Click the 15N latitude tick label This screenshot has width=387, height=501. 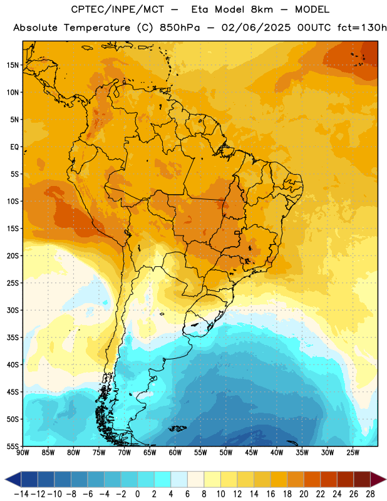pyautogui.click(x=13, y=65)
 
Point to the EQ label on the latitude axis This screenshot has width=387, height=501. pyautogui.click(x=14, y=147)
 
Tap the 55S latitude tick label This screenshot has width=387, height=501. pyautogui.click(x=13, y=446)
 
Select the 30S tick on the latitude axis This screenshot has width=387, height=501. pyautogui.click(x=13, y=310)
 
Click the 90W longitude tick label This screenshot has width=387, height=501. pyautogui.click(x=23, y=453)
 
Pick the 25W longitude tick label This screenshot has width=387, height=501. pyautogui.click(x=353, y=453)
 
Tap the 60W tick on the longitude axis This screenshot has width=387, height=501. pyautogui.click(x=175, y=453)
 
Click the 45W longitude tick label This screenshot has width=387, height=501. pyautogui.click(x=252, y=453)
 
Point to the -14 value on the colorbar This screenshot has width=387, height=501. pyautogui.click(x=21, y=494)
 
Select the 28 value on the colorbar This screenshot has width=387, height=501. pyautogui.click(x=370, y=494)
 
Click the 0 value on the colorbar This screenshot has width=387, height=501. pyautogui.click(x=138, y=494)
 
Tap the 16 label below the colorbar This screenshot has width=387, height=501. pyautogui.click(x=271, y=494)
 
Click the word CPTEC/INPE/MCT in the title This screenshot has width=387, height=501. pyautogui.click(x=118, y=9)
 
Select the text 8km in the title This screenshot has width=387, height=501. pyautogui.click(x=262, y=9)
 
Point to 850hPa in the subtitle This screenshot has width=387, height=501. pyautogui.click(x=180, y=28)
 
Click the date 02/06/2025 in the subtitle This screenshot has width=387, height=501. pyautogui.click(x=256, y=28)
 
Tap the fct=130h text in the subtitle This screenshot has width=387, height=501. pyautogui.click(x=362, y=28)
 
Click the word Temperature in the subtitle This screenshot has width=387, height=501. pyautogui.click(x=97, y=28)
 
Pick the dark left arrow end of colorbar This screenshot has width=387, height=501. pyautogui.click(x=13, y=480)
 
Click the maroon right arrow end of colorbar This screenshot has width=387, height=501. pyautogui.click(x=378, y=480)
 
